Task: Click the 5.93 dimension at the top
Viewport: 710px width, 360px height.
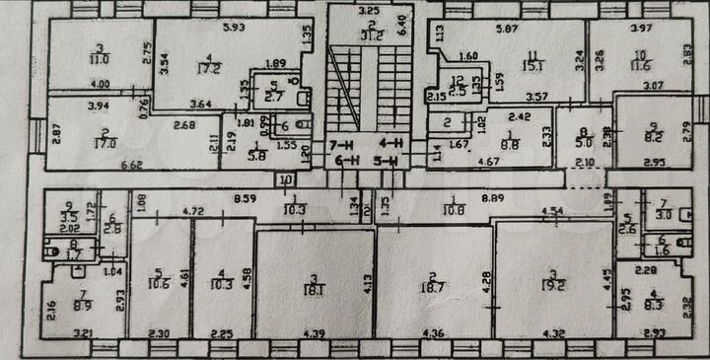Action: (233, 27)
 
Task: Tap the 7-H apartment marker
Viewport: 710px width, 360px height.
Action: (339, 144)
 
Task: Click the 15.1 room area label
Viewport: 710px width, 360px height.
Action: (533, 67)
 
